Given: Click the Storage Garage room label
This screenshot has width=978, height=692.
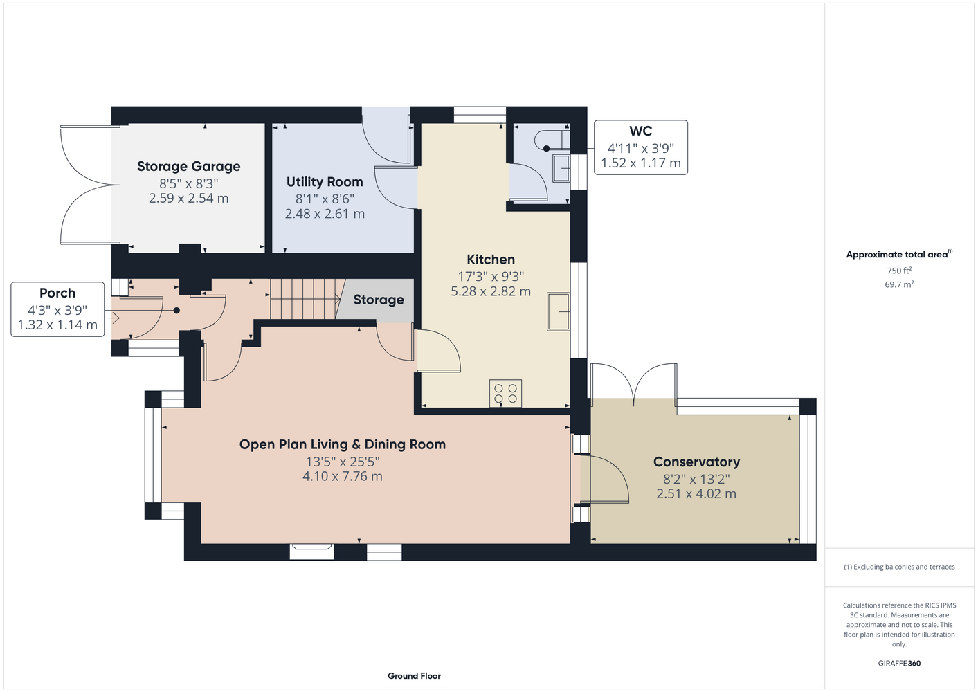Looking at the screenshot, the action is point(189,166).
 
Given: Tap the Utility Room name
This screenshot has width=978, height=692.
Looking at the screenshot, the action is point(325,182).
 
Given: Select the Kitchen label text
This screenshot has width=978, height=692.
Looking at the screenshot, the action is point(491,259).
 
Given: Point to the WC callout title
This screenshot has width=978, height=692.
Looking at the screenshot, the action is point(640,131).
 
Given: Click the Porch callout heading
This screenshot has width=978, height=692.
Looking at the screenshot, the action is point(57,293).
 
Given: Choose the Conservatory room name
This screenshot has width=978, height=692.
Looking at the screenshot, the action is point(696,462).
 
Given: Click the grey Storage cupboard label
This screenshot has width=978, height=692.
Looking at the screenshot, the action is point(379,300).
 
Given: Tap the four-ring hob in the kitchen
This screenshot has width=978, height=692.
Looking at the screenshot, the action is point(505,393).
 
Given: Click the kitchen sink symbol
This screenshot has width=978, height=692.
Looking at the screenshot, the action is point(559,311).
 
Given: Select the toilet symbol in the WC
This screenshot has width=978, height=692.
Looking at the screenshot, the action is point(552,140).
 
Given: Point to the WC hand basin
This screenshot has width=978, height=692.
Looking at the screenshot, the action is point(561,168).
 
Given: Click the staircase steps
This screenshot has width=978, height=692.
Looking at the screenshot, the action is point(305,299).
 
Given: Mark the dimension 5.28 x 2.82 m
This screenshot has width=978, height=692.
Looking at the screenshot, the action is point(491,291).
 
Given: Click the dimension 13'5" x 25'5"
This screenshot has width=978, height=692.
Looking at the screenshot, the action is point(343,462).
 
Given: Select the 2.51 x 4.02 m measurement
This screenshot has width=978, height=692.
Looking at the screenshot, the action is point(696,494).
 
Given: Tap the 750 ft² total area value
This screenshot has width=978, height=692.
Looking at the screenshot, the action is point(899,271).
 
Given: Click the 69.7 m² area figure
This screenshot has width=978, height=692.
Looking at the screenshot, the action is point(899,284).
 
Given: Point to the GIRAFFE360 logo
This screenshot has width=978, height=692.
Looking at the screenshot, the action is point(899,663).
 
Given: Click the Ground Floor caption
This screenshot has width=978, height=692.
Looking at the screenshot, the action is point(414,676).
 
